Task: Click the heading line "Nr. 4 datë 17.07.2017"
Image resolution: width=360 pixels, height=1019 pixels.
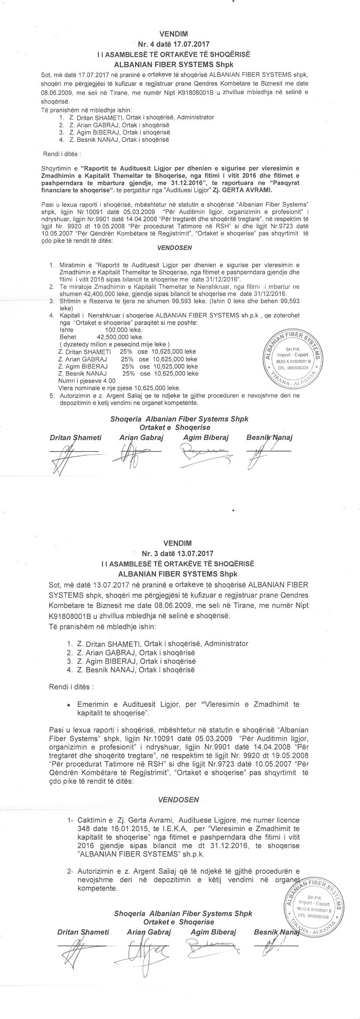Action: [x=174, y=44]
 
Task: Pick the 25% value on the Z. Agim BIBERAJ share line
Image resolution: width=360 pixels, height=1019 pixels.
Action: [x=127, y=366]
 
